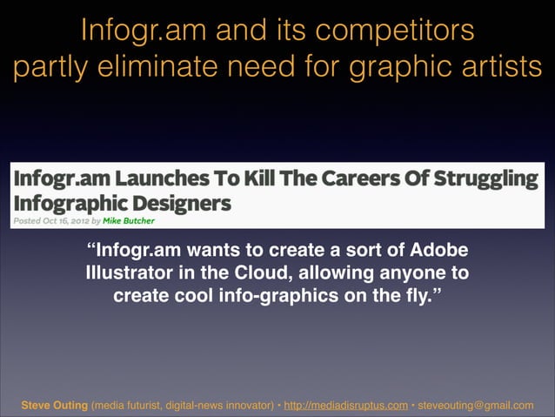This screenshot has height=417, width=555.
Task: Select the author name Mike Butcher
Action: click(129, 220)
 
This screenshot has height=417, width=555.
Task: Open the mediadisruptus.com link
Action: click(346, 405)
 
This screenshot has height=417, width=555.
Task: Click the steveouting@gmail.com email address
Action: click(475, 405)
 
